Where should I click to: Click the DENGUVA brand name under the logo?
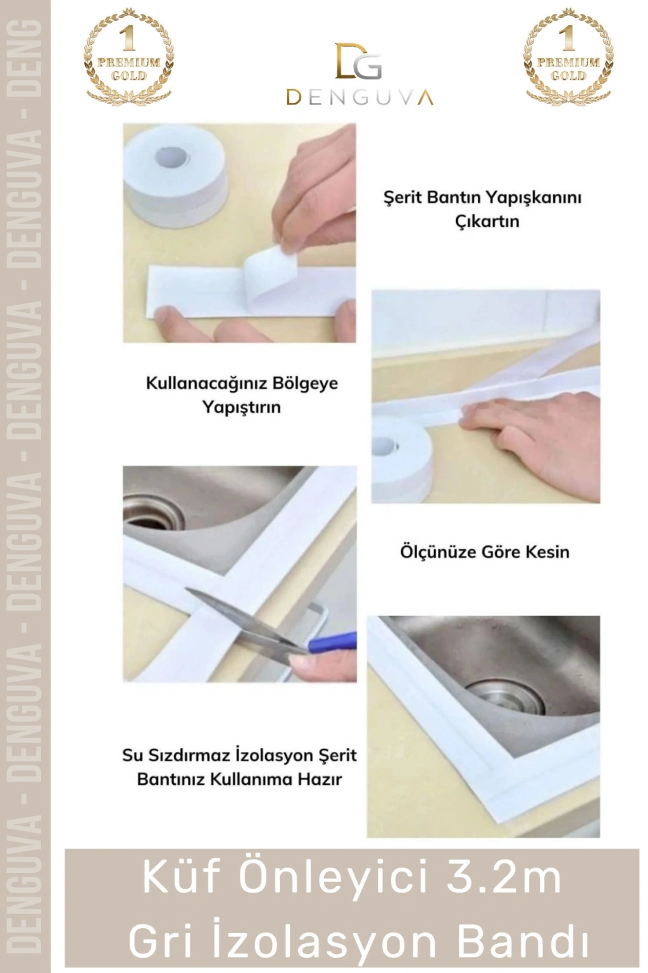coord(359,98)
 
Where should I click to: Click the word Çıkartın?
coord(487,222)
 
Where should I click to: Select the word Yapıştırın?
coord(242,407)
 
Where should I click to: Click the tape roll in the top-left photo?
coord(175,175)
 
